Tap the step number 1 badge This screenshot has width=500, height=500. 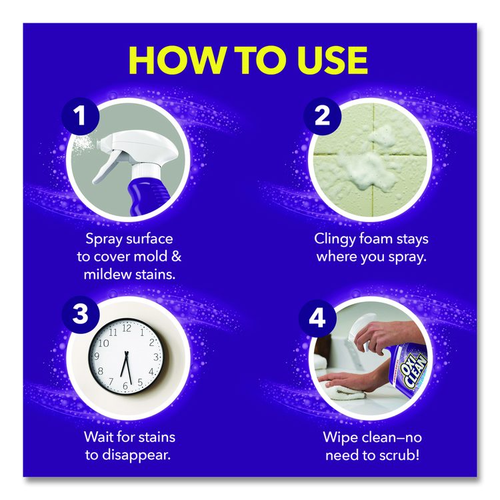(81, 115)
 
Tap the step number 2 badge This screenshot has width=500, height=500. (322, 115)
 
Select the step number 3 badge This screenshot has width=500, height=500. (81, 314)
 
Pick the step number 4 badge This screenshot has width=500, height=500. (317, 318)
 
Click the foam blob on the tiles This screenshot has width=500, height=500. (370, 163)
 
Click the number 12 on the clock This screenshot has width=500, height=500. (127, 328)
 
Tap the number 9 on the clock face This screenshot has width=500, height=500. (96, 356)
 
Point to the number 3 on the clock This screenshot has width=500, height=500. (156, 357)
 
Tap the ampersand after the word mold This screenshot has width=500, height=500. (176, 257)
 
